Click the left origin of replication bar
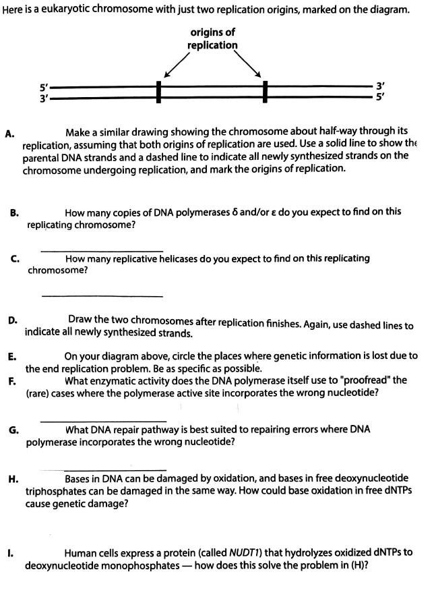tap(159, 92)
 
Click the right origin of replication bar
tap(266, 92)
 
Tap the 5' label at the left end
tap(44, 88)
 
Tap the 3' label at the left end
tap(44, 98)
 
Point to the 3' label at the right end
tap(381, 87)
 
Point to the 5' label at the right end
tap(381, 98)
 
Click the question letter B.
tap(14, 212)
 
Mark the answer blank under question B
tap(101, 251)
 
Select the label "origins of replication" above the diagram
tap(212, 38)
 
